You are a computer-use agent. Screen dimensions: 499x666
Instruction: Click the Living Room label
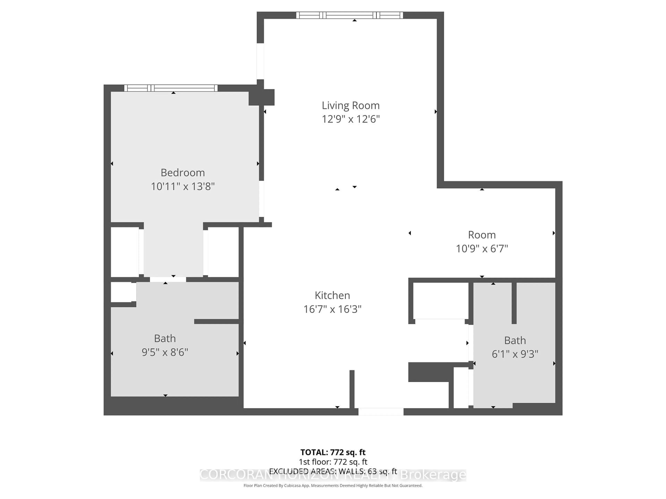pyautogui.click(x=351, y=106)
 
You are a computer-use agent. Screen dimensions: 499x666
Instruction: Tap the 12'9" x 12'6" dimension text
pyautogui.click(x=351, y=119)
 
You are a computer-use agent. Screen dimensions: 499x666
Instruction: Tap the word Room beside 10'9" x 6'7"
pyautogui.click(x=482, y=235)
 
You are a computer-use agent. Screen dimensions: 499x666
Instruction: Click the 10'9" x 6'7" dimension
pyautogui.click(x=482, y=249)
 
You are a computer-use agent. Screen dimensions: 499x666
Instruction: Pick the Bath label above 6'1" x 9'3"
pyautogui.click(x=515, y=340)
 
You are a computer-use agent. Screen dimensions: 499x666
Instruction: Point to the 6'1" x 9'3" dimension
pyautogui.click(x=515, y=354)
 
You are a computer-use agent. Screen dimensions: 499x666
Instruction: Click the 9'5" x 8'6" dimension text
pyautogui.click(x=165, y=352)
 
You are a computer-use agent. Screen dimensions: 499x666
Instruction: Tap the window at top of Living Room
pyautogui.click(x=349, y=15)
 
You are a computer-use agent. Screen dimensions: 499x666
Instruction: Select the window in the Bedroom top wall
pyautogui.click(x=171, y=88)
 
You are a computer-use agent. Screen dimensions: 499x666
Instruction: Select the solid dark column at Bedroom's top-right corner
pyautogui.click(x=261, y=97)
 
